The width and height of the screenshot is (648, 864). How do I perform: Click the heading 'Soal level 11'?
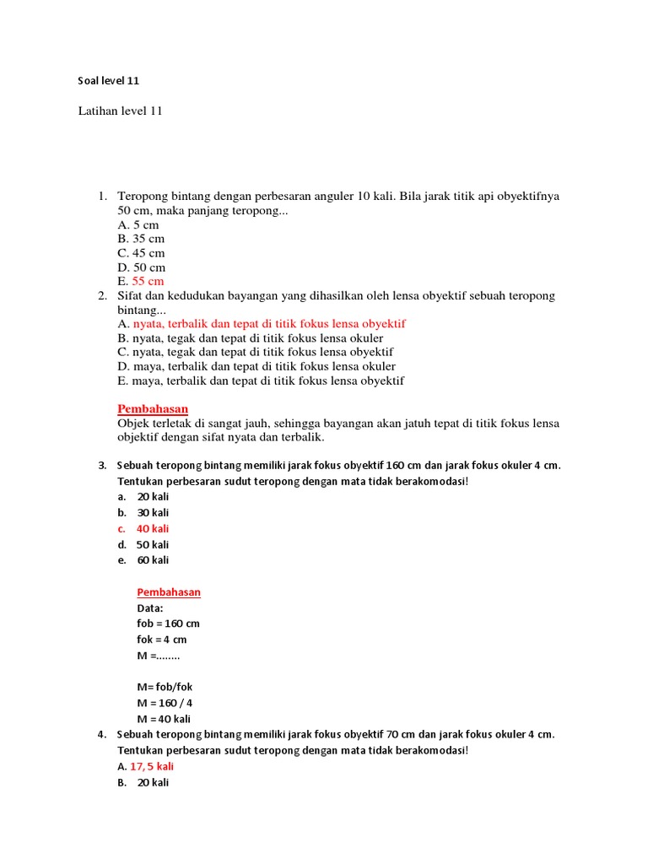point(108,81)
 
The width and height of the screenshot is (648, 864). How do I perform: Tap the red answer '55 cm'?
point(148,281)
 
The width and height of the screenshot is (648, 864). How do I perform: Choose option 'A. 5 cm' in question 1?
point(138,225)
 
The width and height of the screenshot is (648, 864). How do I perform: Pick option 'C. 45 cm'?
point(141,253)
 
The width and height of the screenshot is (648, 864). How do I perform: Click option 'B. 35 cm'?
point(141,239)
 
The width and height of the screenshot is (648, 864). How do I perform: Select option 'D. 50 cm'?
point(142,267)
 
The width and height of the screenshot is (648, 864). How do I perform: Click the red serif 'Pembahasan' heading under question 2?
point(153,408)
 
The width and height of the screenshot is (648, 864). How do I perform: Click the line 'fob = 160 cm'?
point(168,624)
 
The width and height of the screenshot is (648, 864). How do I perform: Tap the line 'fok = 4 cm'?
point(161,640)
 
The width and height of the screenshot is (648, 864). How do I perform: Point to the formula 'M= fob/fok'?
point(165,687)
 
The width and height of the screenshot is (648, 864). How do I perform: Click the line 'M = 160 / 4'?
point(165,703)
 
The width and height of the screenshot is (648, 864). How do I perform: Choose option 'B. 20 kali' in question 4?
point(143,783)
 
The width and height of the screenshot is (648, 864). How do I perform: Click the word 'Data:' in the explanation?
point(150,607)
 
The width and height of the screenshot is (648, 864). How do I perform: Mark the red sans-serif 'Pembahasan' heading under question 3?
point(169,592)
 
